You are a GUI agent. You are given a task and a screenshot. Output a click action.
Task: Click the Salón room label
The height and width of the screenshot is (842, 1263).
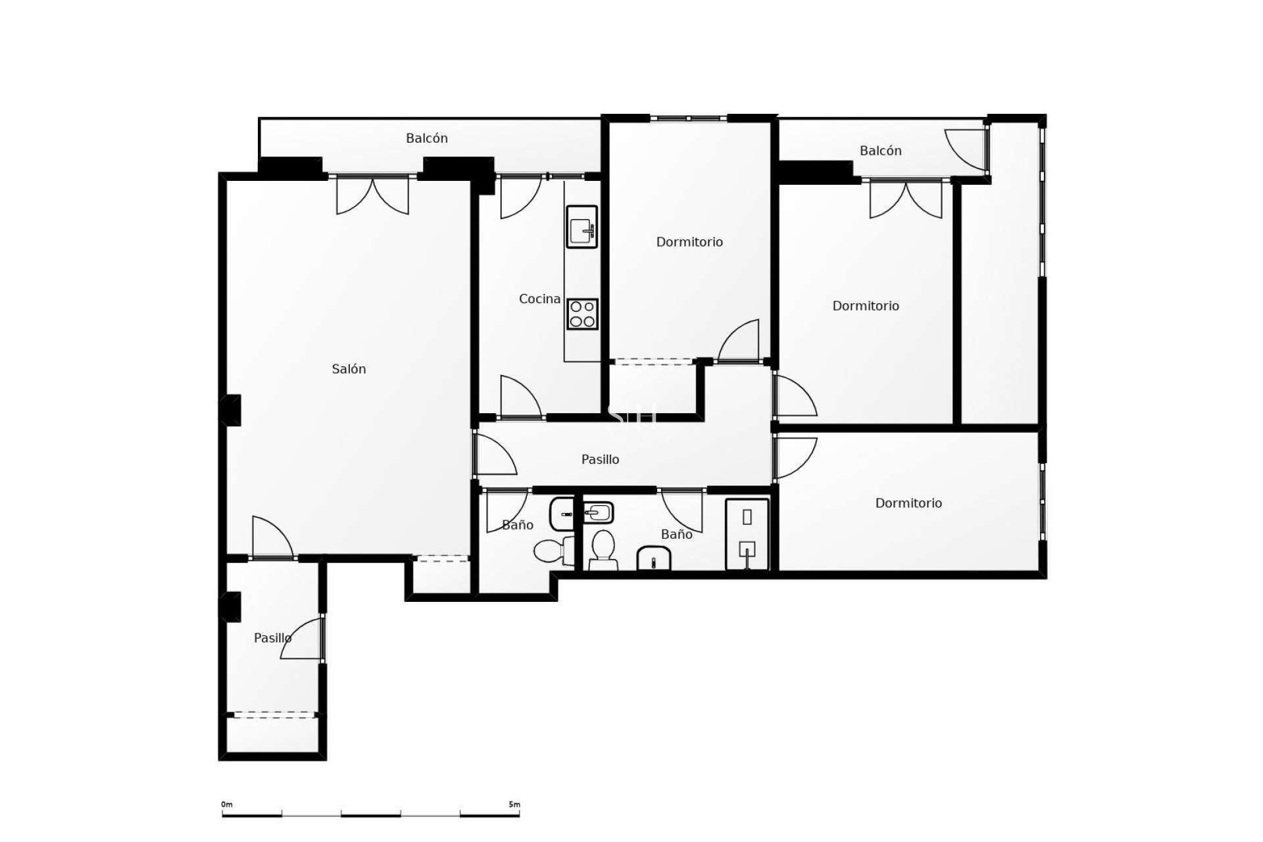point(349,369)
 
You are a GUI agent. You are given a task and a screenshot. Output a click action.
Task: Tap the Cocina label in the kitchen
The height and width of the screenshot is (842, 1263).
point(539,299)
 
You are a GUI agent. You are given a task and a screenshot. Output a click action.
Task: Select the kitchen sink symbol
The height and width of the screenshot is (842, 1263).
point(582,227)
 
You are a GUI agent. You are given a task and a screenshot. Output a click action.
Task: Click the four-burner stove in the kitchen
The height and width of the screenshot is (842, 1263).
point(582,314)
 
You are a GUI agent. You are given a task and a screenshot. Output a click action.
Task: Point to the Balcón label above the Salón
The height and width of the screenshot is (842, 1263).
point(427,138)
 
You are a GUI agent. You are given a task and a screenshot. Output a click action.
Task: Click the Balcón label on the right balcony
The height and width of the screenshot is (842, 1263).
point(880,151)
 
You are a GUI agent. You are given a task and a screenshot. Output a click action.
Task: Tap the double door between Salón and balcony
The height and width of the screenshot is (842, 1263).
point(372,195)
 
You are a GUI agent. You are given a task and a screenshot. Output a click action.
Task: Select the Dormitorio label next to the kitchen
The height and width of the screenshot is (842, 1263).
point(689,242)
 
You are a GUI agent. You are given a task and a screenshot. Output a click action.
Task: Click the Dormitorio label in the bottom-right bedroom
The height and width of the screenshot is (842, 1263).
point(908,503)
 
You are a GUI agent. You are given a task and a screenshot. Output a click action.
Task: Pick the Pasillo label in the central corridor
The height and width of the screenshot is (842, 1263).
point(600,459)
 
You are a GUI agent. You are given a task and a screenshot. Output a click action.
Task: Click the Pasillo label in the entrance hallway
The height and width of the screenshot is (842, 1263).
point(272,638)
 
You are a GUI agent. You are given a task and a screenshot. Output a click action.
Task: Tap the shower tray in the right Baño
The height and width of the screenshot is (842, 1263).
point(747,535)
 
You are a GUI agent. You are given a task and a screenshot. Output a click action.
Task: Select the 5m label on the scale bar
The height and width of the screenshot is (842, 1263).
point(514,805)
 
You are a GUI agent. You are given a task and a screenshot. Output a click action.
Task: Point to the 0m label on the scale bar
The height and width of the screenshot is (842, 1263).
point(226,805)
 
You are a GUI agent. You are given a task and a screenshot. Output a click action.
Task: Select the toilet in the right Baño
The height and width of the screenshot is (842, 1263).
point(603,550)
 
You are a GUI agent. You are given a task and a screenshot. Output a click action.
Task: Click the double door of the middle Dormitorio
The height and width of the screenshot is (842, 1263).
point(906,199)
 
